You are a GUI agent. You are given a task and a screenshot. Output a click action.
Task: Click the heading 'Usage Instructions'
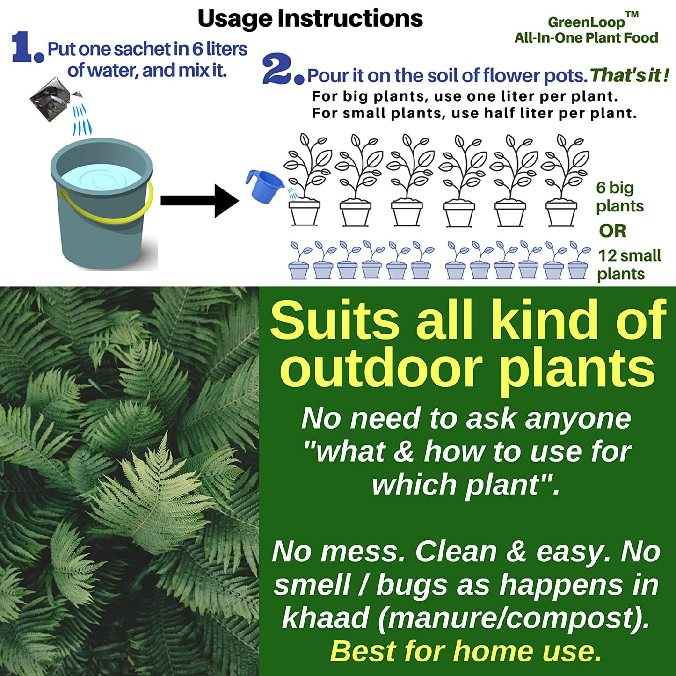310,19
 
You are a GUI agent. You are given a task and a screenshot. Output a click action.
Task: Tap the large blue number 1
22,47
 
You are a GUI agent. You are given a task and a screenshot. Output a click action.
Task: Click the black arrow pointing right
199,201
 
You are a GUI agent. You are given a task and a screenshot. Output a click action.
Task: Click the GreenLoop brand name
586,22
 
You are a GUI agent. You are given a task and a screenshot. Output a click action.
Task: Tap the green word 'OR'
612,231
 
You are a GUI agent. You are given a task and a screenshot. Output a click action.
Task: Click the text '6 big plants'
619,197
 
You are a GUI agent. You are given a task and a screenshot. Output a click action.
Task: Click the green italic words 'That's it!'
629,75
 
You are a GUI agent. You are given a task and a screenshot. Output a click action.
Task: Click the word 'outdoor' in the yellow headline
380,370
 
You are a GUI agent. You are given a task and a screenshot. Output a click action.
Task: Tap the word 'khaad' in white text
326,618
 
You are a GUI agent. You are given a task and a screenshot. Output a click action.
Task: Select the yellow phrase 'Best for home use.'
465,651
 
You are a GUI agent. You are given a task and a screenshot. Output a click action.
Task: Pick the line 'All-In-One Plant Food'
586,38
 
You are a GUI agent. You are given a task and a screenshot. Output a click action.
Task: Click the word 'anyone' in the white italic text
578,418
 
